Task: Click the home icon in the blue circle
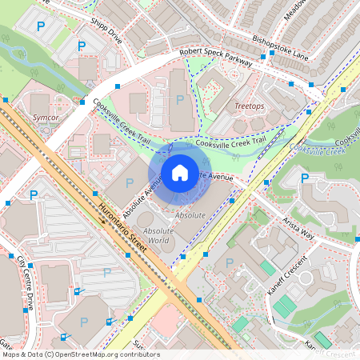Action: coord(180,173)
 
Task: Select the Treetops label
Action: coord(250,106)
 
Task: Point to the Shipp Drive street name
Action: coord(106,31)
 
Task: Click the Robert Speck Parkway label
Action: coord(216,55)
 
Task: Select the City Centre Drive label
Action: coord(23,272)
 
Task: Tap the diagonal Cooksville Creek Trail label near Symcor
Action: coord(121,122)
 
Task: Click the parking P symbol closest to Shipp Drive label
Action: coord(81,47)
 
